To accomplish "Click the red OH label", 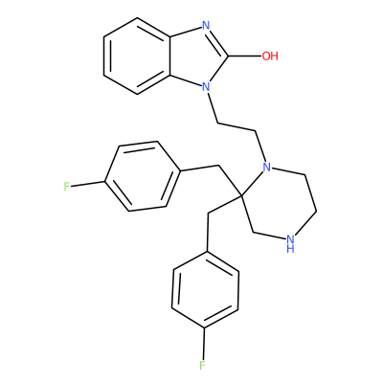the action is (x=270, y=56).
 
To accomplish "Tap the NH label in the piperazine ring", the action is (x=290, y=243).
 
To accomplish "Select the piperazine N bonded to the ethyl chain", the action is (x=266, y=167).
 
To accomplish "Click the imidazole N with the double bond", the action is (x=206, y=26).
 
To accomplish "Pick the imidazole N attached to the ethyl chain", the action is (x=206, y=86).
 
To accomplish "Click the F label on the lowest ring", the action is (x=202, y=365).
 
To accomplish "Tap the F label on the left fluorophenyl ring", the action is (x=66, y=186).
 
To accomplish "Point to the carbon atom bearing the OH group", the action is (x=228, y=56).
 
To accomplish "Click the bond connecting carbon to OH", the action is (x=244, y=56).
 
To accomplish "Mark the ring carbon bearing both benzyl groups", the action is (x=241, y=195).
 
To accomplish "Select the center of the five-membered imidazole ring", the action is (x=196, y=56).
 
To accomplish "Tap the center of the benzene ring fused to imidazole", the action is (x=137, y=56).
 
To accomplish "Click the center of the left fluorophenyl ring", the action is (x=141, y=176).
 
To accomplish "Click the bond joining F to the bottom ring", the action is (x=203, y=343).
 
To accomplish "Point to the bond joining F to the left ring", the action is (x=88, y=184).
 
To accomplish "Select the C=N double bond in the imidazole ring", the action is (x=218, y=40).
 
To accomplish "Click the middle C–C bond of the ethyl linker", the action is (x=237, y=127).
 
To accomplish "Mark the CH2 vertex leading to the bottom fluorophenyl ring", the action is (x=208, y=214).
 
